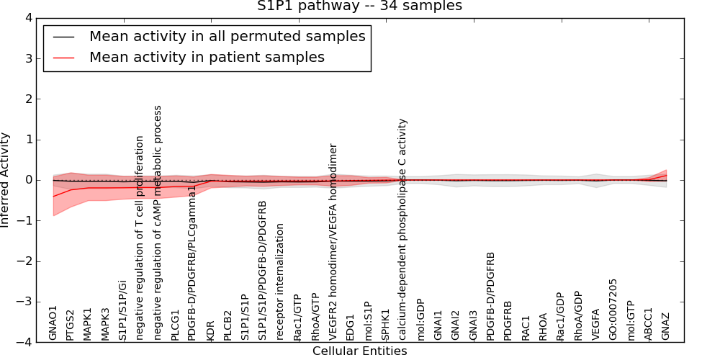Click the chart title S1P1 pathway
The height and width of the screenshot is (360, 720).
pyautogui.click(x=359, y=6)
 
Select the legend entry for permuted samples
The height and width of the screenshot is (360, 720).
pyautogui.click(x=227, y=37)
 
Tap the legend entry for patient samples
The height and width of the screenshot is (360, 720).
pyautogui.click(x=207, y=57)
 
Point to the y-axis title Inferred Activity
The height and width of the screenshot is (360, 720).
pyautogui.click(x=6, y=180)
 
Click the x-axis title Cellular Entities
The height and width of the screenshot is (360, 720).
pyautogui.click(x=359, y=351)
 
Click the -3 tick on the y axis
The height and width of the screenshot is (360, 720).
pyautogui.click(x=34, y=302)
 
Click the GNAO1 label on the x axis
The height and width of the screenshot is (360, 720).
pyautogui.click(x=53, y=323)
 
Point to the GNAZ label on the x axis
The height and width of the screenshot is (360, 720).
pyautogui.click(x=666, y=325)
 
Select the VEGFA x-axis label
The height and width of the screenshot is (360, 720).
pyautogui.click(x=596, y=323)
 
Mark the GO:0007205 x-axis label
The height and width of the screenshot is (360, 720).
pyautogui.click(x=613, y=309)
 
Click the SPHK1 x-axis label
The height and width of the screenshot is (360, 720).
pyautogui.click(x=386, y=324)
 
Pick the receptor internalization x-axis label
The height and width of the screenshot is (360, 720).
pyautogui.click(x=281, y=282)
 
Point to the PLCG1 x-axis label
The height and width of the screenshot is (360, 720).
pyautogui.click(x=176, y=323)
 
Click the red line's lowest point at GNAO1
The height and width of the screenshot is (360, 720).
pyautogui.click(x=53, y=196)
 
